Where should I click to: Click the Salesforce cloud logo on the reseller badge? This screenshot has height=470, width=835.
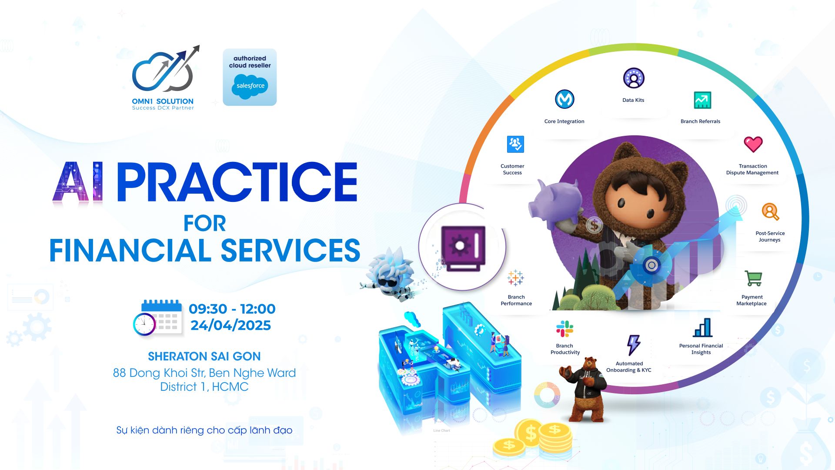click(250, 86)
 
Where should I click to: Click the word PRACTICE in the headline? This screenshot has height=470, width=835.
click(237, 182)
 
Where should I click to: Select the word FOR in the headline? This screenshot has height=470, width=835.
click(205, 224)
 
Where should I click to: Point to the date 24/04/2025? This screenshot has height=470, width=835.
click(230, 325)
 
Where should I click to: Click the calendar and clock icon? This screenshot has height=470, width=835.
click(157, 317)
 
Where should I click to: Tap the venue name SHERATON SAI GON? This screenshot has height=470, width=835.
click(204, 356)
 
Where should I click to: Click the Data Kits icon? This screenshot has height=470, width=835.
click(634, 78)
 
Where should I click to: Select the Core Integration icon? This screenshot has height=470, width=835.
click(564, 99)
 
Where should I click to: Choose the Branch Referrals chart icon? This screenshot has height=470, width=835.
click(702, 100)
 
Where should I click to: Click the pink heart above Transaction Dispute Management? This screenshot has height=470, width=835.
click(753, 144)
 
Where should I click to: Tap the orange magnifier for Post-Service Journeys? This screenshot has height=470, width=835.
click(770, 212)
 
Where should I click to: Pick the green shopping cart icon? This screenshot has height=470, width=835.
click(753, 279)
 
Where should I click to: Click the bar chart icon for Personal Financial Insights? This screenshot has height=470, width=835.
click(703, 328)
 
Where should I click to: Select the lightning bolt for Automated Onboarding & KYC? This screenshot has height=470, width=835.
click(633, 345)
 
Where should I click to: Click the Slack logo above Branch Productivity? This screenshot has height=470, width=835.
click(564, 329)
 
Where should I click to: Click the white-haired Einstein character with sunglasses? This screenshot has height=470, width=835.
click(390, 274)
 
